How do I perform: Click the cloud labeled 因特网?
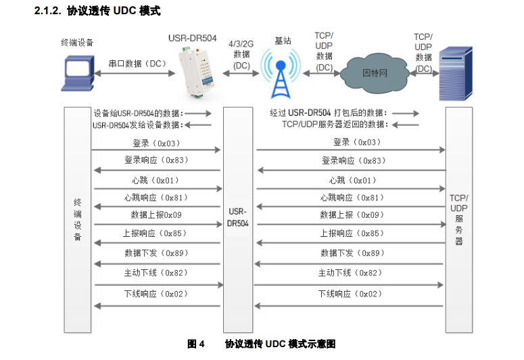click(374, 72)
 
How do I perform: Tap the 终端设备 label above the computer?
click(77, 43)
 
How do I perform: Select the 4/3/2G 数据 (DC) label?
click(241, 54)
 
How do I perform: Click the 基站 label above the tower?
click(283, 41)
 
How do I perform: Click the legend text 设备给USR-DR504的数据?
click(139, 114)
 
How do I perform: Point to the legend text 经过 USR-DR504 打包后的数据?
click(327, 113)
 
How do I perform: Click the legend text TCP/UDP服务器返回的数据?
click(333, 125)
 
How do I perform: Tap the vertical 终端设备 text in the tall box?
click(77, 220)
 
